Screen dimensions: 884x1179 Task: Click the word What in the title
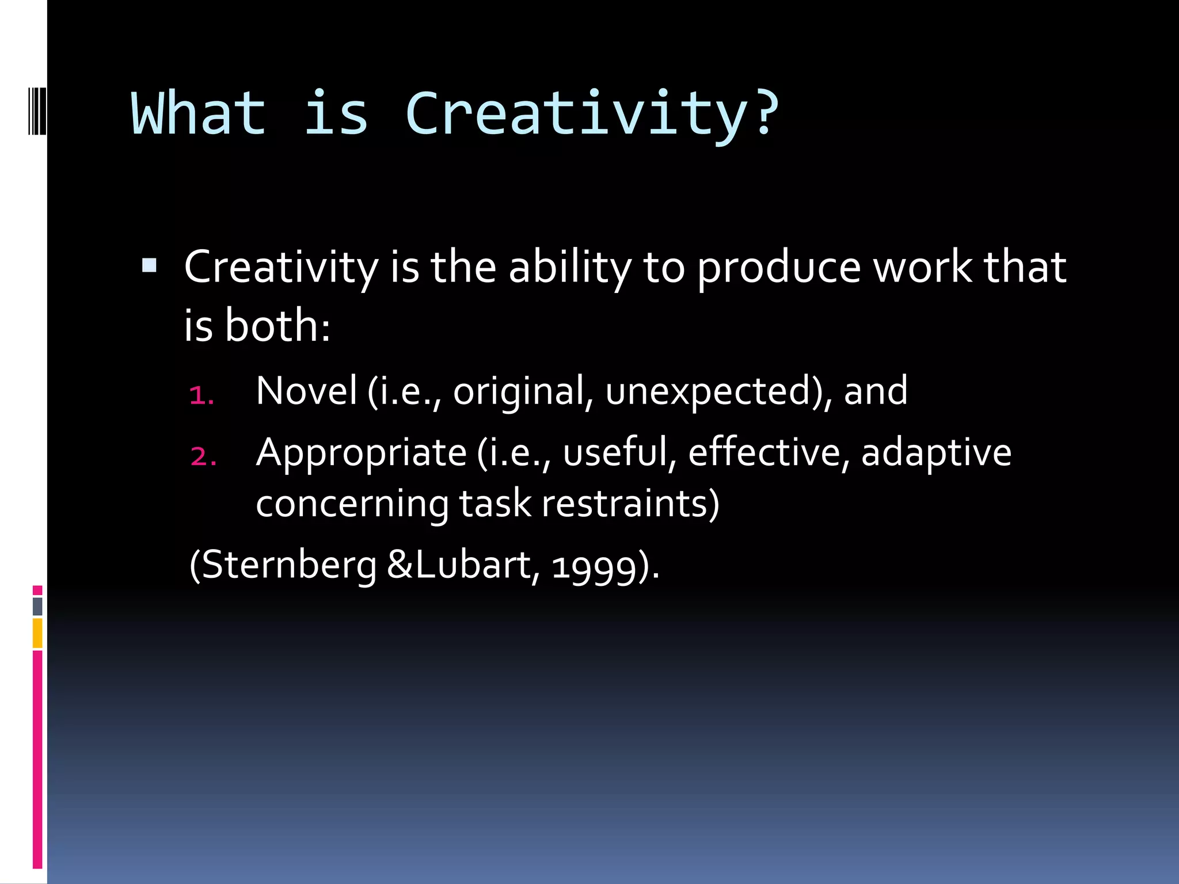(199, 113)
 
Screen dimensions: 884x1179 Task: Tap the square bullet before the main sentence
(149, 265)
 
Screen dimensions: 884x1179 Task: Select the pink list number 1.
(201, 395)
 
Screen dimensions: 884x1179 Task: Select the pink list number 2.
(203, 456)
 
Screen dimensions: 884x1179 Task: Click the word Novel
(306, 391)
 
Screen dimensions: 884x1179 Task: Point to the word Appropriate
(361, 453)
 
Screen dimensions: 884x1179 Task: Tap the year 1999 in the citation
(595, 566)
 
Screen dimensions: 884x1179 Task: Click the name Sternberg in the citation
(290, 565)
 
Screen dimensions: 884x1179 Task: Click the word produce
(779, 268)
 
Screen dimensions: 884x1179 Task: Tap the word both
(272, 326)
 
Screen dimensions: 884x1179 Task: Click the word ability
(570, 268)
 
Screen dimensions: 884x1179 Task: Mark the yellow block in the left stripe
(37, 633)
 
